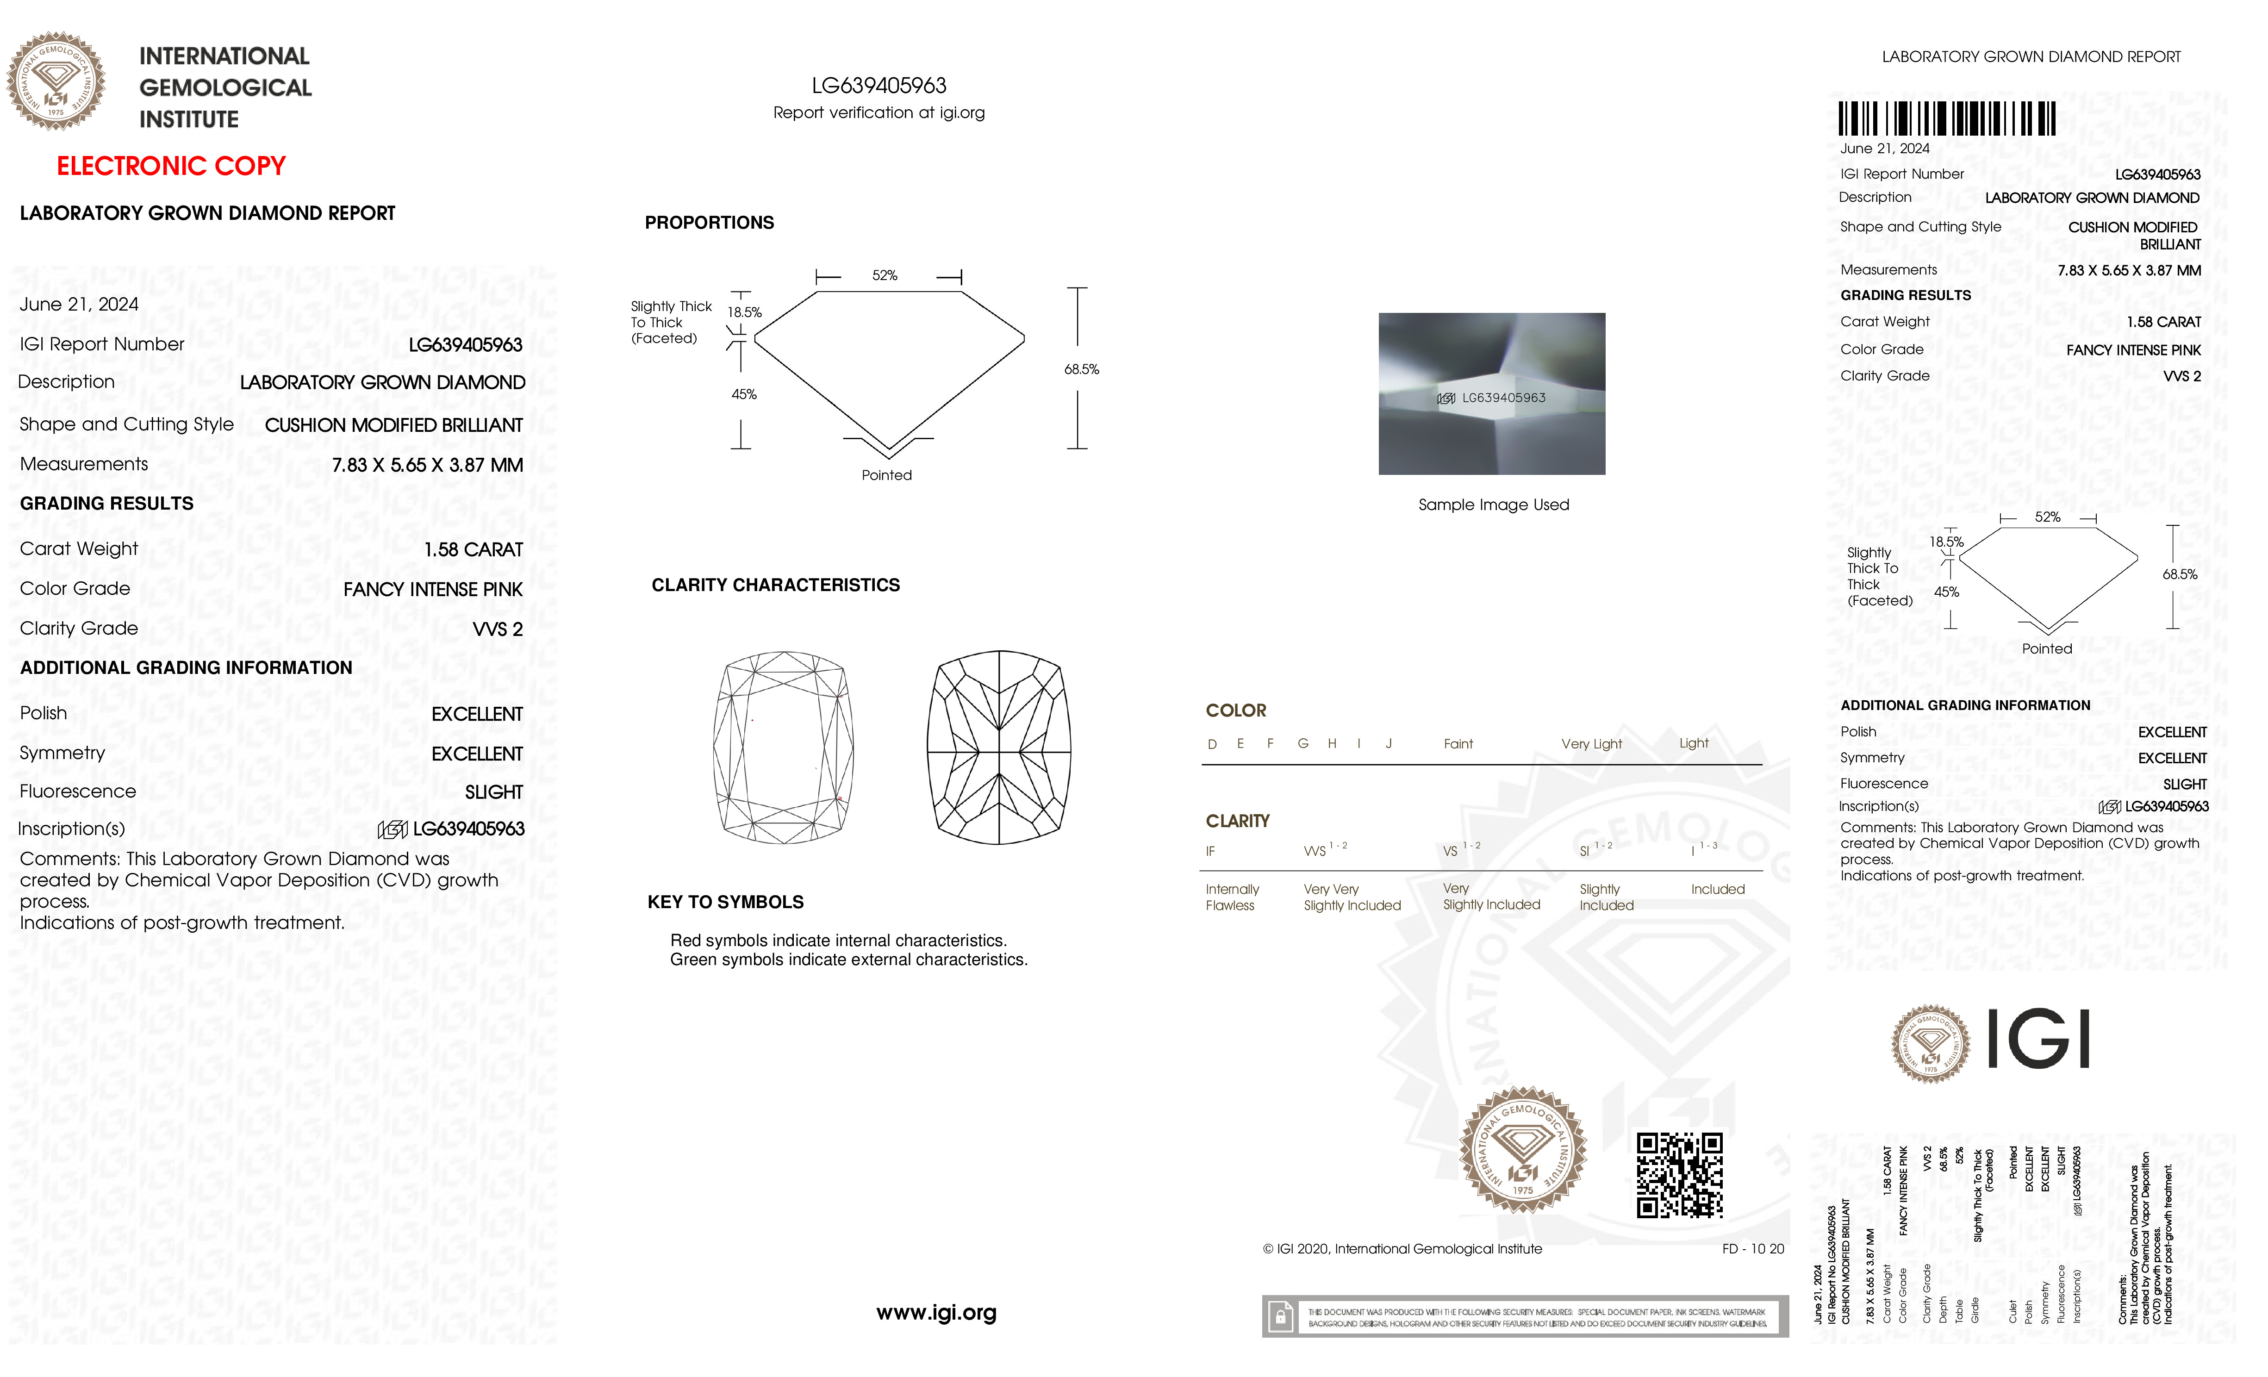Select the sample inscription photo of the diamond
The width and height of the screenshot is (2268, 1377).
coord(1491,394)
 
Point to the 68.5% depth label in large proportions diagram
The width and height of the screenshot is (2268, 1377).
coord(1082,369)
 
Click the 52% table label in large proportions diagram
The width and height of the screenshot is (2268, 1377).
coord(885,275)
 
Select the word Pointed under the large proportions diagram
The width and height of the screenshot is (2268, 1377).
coord(886,475)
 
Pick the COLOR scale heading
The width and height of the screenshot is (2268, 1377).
coord(1235,710)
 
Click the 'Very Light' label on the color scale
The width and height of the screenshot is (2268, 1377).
coord(1591,744)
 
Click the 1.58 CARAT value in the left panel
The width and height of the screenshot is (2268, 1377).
coord(473,549)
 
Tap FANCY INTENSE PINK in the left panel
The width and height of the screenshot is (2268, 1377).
coord(433,589)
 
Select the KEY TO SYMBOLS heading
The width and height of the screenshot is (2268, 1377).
coord(725,902)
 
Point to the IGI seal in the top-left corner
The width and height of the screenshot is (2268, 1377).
coord(56,81)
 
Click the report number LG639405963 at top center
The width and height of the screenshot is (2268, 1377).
coord(879,86)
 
